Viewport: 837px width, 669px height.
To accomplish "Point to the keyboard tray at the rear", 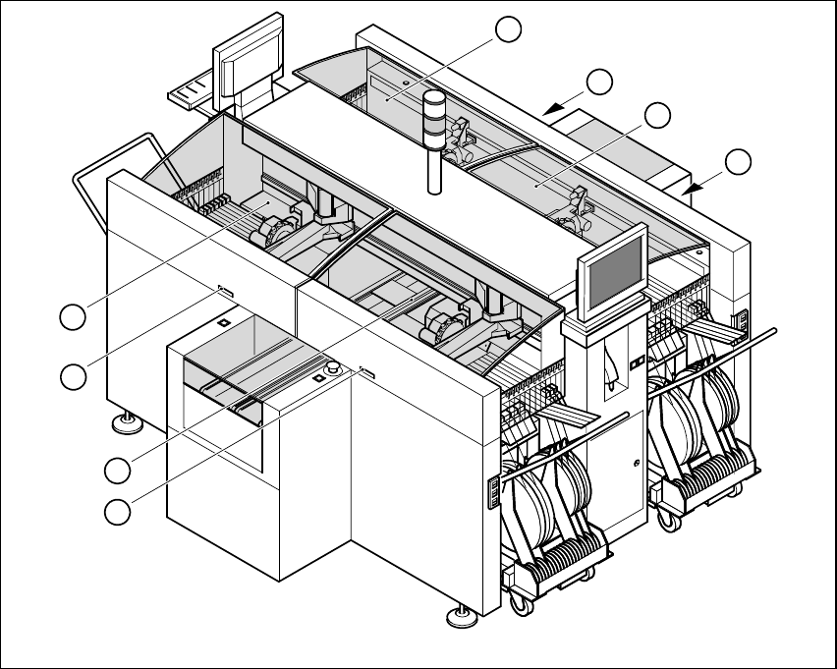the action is (x=193, y=95).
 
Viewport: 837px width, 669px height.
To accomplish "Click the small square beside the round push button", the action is (x=319, y=377).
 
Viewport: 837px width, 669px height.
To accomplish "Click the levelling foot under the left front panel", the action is (x=125, y=423).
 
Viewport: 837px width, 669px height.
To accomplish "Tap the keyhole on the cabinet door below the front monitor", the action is (x=637, y=462).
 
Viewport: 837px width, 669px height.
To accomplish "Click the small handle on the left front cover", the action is (x=224, y=291).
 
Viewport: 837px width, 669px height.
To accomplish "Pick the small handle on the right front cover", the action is (x=367, y=371).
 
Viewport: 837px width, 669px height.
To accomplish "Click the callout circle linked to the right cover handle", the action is (x=119, y=511).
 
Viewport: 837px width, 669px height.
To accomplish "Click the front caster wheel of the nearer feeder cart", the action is (x=519, y=605).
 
